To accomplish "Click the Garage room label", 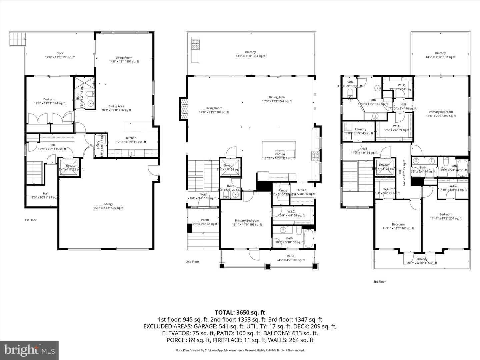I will [x=108, y=204].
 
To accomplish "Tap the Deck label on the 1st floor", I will [x=60, y=53].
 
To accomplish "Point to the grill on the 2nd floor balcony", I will [x=195, y=44].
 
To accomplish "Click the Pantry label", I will [x=283, y=191].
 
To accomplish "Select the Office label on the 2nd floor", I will [x=302, y=190].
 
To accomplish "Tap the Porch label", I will [x=205, y=220].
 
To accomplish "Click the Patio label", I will [x=290, y=256].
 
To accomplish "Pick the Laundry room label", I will [x=361, y=129].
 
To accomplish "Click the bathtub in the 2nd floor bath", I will [x=308, y=239].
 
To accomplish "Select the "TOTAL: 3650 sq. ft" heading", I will [x=240, y=312].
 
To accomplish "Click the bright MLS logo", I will [x=29, y=350].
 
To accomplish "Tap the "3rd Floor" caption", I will [x=379, y=282].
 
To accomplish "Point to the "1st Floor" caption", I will [x=31, y=220].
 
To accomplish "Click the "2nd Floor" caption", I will [x=192, y=262].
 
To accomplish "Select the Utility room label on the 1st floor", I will [x=98, y=144].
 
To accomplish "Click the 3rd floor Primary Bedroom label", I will [x=441, y=112].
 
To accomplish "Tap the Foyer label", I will [x=203, y=194].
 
